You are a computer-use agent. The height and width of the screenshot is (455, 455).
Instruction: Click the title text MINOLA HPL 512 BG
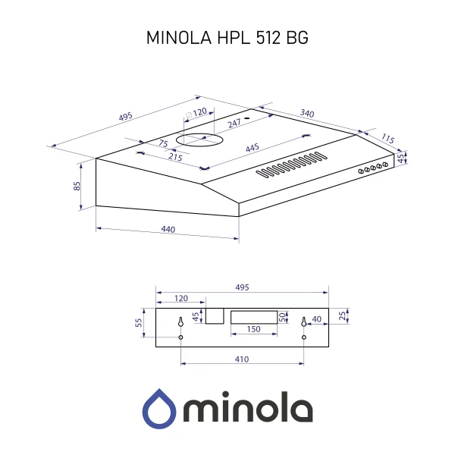pyautogui.click(x=227, y=39)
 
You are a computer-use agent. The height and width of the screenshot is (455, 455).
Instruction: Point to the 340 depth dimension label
pyautogui.click(x=307, y=113)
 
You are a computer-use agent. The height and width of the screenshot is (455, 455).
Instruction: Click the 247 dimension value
pyautogui.click(x=234, y=122)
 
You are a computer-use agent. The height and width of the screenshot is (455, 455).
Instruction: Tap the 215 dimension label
pyautogui.click(x=174, y=157)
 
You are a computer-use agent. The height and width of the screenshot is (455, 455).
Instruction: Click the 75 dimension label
pyautogui.click(x=162, y=144)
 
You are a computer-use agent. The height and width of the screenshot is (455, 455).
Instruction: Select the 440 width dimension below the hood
pyautogui.click(x=168, y=230)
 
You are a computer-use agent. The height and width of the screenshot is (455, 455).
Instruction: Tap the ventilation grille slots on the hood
pyautogui.click(x=293, y=166)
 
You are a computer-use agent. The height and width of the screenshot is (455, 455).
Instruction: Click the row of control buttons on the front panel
pyautogui.click(x=372, y=168)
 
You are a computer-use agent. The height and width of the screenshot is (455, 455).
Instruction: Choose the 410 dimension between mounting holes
pyautogui.click(x=242, y=359)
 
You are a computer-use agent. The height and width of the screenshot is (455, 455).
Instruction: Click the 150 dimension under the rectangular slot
pyautogui.click(x=253, y=330)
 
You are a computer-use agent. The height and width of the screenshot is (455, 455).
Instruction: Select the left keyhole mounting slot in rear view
pyautogui.click(x=181, y=324)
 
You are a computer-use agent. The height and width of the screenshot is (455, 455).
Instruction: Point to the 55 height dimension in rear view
pyautogui.click(x=139, y=322)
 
